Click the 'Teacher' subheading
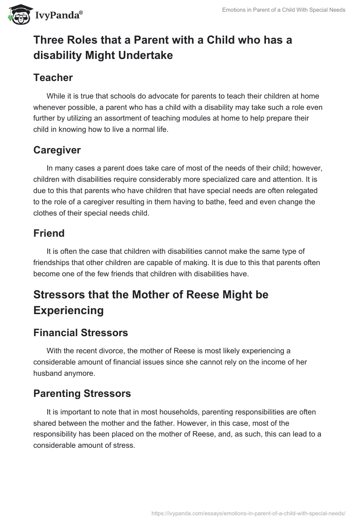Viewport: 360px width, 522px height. (53, 77)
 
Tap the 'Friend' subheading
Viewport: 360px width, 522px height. (49, 233)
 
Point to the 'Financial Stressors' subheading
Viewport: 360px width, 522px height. (81, 333)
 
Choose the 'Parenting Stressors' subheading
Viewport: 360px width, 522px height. (82, 393)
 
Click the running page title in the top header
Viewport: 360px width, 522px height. (284, 10)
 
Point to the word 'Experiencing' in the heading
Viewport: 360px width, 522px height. (68, 310)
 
